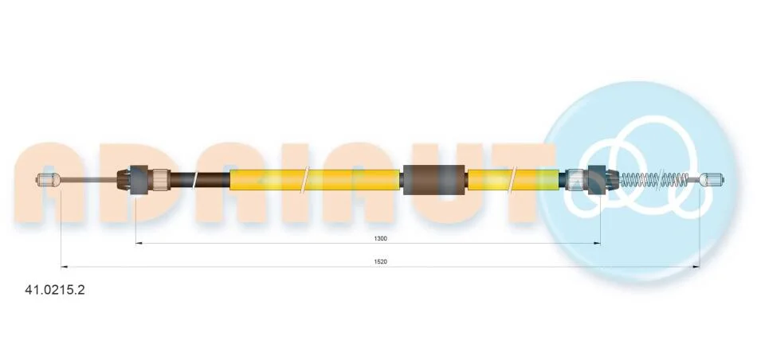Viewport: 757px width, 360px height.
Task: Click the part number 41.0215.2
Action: click(54, 290)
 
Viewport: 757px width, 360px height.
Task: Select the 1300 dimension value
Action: click(380, 238)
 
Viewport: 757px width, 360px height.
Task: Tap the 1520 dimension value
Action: click(380, 261)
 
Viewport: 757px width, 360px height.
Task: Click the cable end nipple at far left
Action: click(48, 179)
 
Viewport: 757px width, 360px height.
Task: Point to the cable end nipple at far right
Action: click(712, 179)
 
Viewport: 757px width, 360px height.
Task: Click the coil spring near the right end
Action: click(654, 179)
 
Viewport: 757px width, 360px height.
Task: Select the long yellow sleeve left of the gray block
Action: click(316, 179)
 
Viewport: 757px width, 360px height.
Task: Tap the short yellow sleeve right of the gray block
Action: click(515, 179)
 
